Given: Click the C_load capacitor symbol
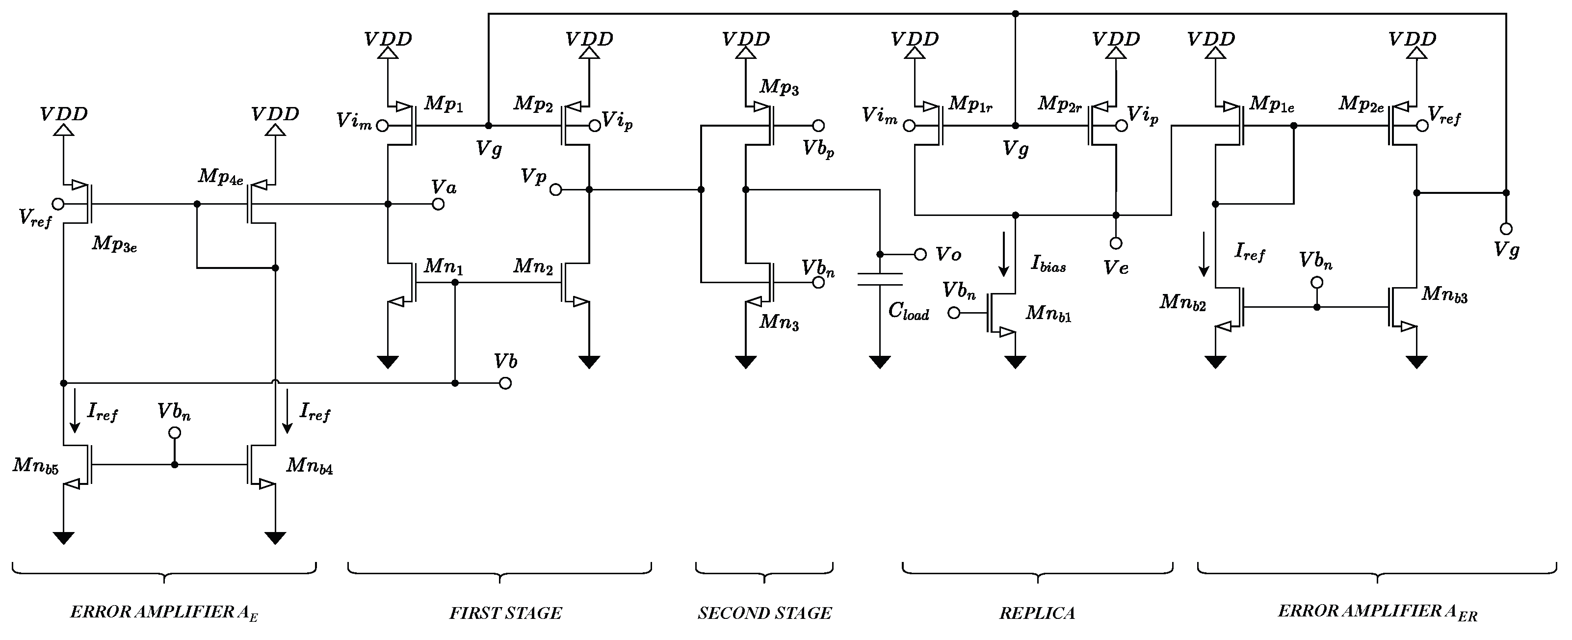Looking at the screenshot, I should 879,280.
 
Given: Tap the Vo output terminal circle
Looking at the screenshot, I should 920,254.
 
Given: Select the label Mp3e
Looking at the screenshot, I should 114,243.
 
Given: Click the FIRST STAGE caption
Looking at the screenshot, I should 505,613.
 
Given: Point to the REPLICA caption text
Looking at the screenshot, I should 1037,613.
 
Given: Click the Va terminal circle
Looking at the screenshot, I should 438,204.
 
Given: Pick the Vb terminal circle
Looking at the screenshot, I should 505,383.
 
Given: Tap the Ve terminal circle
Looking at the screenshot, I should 1116,243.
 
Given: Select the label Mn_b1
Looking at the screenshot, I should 1048,313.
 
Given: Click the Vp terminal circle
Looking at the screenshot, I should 555,190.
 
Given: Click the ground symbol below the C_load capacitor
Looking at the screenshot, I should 879,362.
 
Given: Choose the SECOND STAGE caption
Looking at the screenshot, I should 764,613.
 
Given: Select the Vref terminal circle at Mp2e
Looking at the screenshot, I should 1422,126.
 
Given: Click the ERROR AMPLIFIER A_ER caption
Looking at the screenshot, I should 1377,612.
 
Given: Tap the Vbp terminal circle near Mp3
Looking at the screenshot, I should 818,126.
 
